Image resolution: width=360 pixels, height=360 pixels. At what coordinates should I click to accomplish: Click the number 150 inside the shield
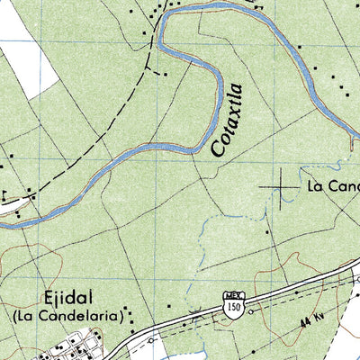[x=233, y=308]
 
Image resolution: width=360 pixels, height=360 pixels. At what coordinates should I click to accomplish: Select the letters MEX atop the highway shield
[x=233, y=296]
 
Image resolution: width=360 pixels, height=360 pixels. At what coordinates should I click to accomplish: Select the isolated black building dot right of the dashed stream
[x=267, y=231]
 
